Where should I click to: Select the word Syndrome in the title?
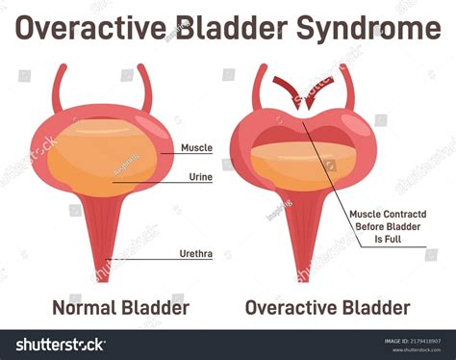point(369,29)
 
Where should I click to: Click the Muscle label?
point(196,148)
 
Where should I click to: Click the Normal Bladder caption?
point(120,307)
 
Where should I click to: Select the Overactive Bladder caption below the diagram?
point(327,307)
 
